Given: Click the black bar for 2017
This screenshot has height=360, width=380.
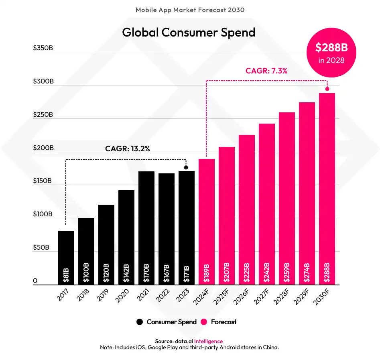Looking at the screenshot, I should click(x=66, y=257).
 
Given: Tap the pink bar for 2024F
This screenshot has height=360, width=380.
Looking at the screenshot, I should click(x=207, y=221).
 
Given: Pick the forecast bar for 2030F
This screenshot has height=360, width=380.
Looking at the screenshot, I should click(x=327, y=189).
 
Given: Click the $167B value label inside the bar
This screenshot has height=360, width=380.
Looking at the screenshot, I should click(x=167, y=273).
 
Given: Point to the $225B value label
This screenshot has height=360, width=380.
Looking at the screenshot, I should click(x=247, y=273).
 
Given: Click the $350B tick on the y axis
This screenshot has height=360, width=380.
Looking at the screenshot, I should click(x=43, y=48).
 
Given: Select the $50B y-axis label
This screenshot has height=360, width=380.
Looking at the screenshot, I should click(x=41, y=248).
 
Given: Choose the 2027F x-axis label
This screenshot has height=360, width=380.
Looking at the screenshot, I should click(x=262, y=297).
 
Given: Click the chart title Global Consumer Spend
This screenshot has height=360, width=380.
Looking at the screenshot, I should click(x=189, y=32).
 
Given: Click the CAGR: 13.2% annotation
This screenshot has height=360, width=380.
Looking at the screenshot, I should click(x=128, y=149).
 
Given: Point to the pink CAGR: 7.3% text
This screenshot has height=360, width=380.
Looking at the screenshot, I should click(x=266, y=71).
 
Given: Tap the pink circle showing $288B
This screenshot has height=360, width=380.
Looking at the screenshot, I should click(x=331, y=52).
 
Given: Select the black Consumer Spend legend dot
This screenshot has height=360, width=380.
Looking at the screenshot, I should click(x=140, y=322).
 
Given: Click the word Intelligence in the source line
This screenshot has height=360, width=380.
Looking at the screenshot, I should click(x=208, y=341).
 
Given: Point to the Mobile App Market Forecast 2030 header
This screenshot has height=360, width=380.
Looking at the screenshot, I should click(x=190, y=10).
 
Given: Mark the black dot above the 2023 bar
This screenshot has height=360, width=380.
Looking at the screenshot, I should click(x=186, y=167).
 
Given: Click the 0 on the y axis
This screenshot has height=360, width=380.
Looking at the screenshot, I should click(x=35, y=281).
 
